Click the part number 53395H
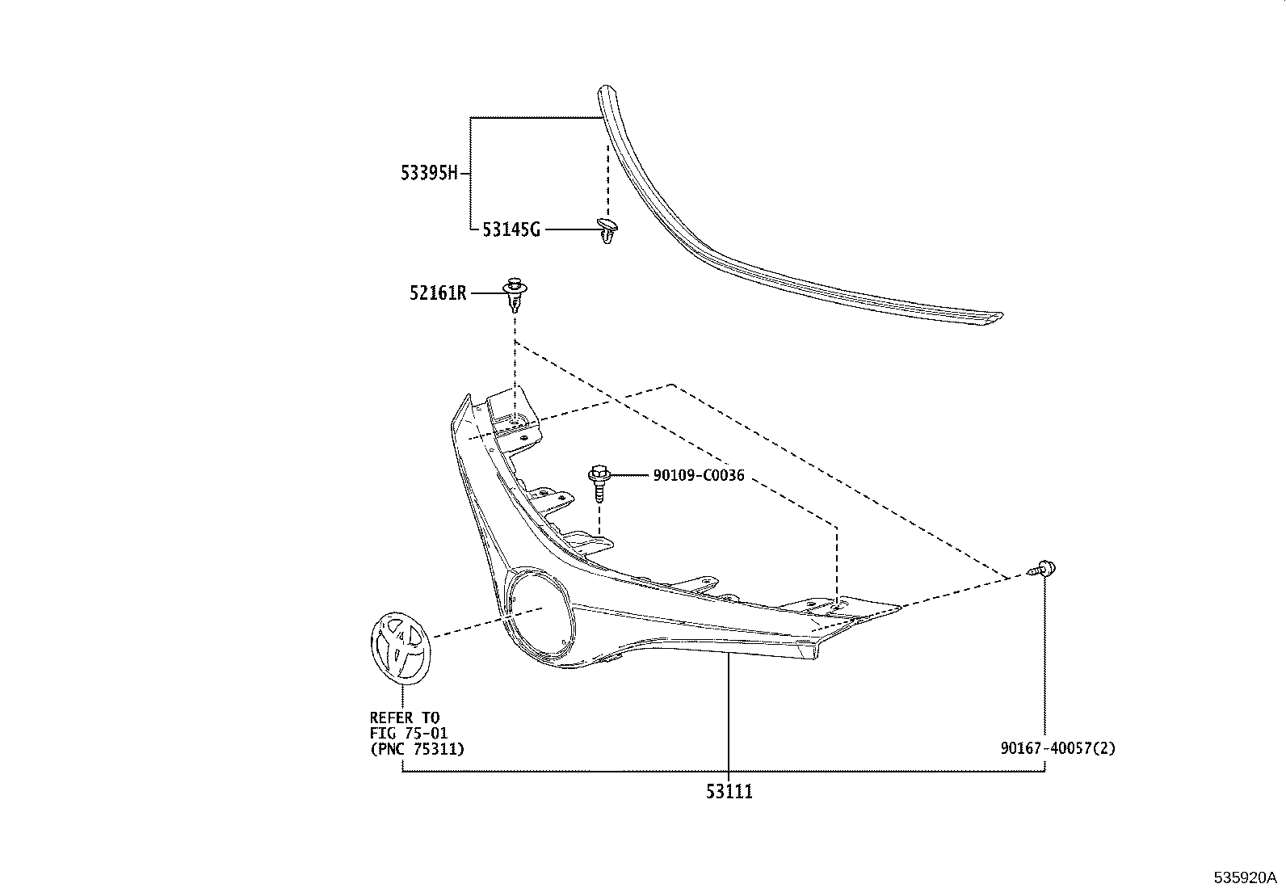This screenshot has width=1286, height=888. pyautogui.click(x=429, y=173)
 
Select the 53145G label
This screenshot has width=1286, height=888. pyautogui.click(x=511, y=229)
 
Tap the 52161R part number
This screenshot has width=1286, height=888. pyautogui.click(x=438, y=293)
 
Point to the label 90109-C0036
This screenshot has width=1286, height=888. pyautogui.click(x=699, y=476)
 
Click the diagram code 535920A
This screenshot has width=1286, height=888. pyautogui.click(x=1245, y=877)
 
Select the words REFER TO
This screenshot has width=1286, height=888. pyautogui.click(x=405, y=718)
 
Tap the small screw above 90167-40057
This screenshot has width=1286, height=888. pyautogui.click(x=1044, y=570)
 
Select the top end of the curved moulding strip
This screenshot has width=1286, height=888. pyautogui.click(x=602, y=91)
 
